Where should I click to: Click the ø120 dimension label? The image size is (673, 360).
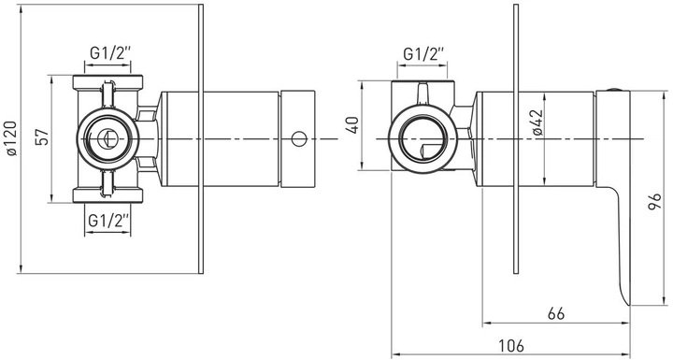[12, 138]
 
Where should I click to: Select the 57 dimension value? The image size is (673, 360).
[42, 137]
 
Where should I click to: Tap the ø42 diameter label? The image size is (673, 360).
[538, 122]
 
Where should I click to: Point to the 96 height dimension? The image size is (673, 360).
[654, 202]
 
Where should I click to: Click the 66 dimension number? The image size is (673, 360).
[556, 313]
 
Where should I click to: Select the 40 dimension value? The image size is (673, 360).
[353, 125]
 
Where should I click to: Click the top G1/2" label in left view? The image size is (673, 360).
[110, 53]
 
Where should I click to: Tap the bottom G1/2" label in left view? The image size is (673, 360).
[108, 221]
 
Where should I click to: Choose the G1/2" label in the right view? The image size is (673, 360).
[423, 54]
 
